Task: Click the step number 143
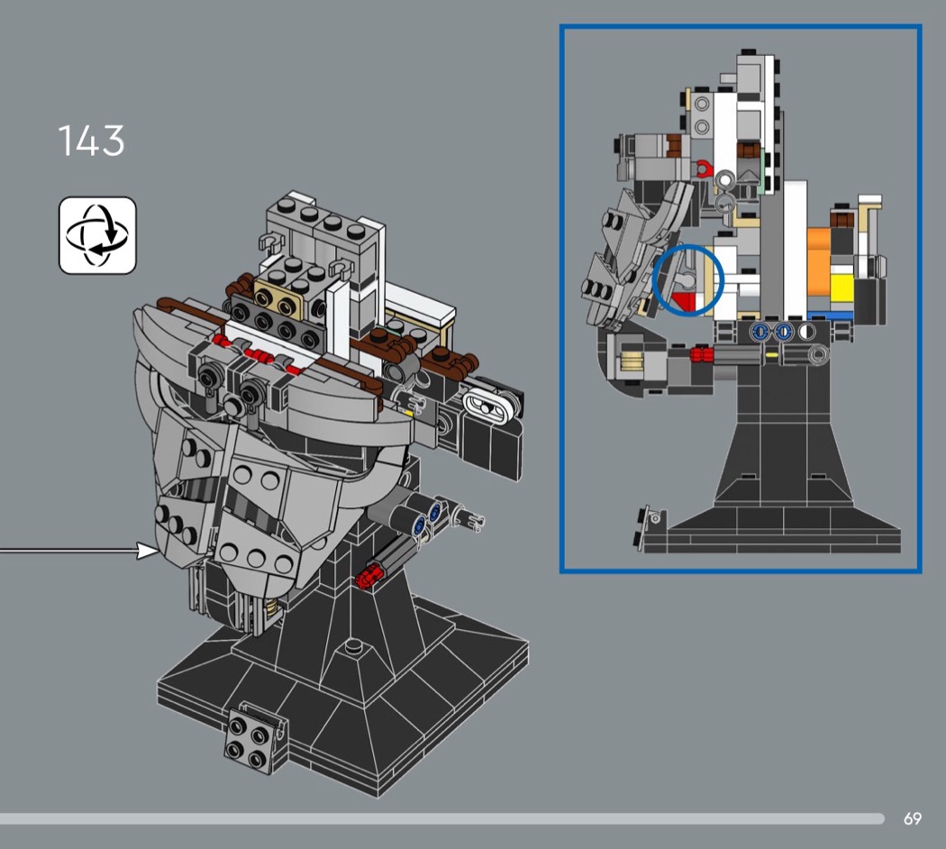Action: (91, 141)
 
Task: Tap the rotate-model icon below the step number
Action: (97, 235)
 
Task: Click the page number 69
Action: (912, 818)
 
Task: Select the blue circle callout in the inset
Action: (687, 280)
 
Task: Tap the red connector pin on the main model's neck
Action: (368, 575)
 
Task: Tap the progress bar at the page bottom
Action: (441, 818)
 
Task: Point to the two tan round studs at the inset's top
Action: (701, 114)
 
